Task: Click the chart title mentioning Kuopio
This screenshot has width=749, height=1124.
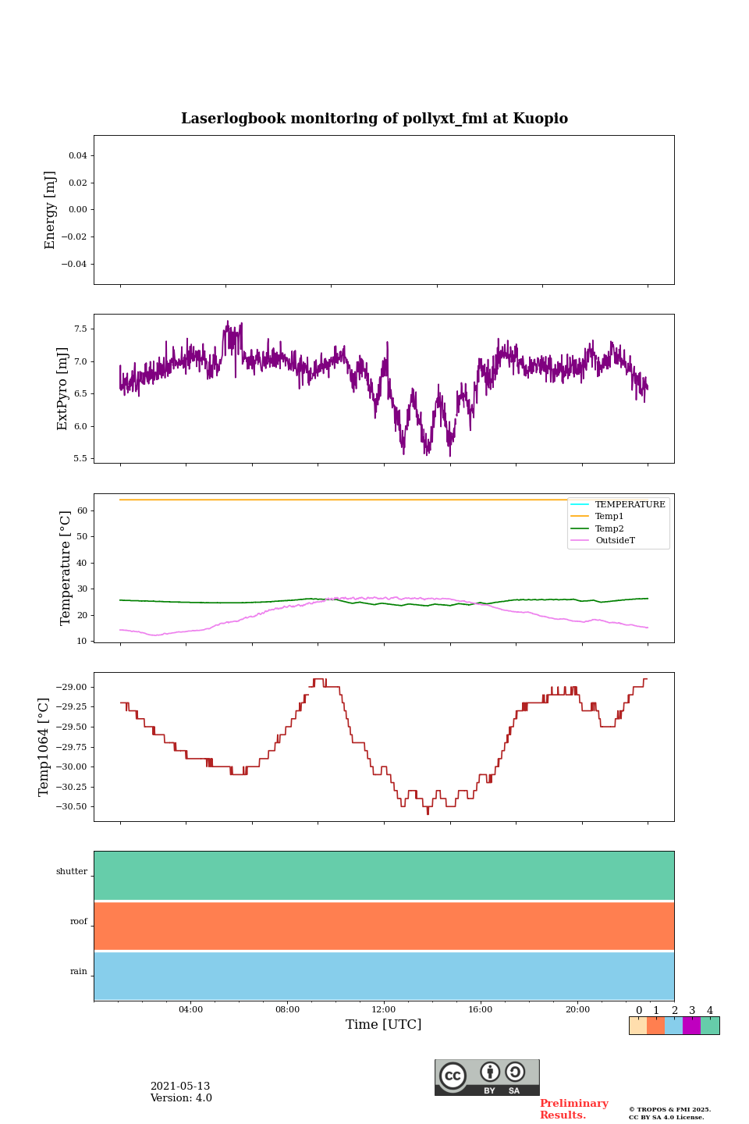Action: point(374,119)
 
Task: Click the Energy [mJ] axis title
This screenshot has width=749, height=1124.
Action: point(51,210)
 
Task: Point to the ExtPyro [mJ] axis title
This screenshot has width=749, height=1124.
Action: point(63,389)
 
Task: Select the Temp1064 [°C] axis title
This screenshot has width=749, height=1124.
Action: point(44,747)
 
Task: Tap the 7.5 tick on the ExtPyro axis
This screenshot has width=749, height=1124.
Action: point(80,329)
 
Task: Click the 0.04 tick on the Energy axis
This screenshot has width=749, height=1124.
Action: point(77,156)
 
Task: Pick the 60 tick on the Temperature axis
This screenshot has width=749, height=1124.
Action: point(82,510)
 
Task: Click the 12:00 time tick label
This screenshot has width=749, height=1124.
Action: point(384,1010)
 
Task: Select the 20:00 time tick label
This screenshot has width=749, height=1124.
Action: point(577,1010)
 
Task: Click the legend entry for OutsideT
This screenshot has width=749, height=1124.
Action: point(615,541)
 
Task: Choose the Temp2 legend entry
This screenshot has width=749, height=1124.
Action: point(609,528)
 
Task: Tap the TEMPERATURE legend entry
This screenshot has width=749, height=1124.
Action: point(630,505)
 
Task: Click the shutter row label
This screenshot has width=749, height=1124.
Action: point(72,872)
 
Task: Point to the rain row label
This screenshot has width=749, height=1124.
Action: point(79,972)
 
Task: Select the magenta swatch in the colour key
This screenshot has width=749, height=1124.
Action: point(691,1026)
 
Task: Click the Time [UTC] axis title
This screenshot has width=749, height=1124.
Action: point(384,1025)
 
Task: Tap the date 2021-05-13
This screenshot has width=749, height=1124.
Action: point(180,1087)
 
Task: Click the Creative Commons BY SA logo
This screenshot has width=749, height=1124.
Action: point(487,1077)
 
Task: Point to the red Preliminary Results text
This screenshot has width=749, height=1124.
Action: point(573,1109)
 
